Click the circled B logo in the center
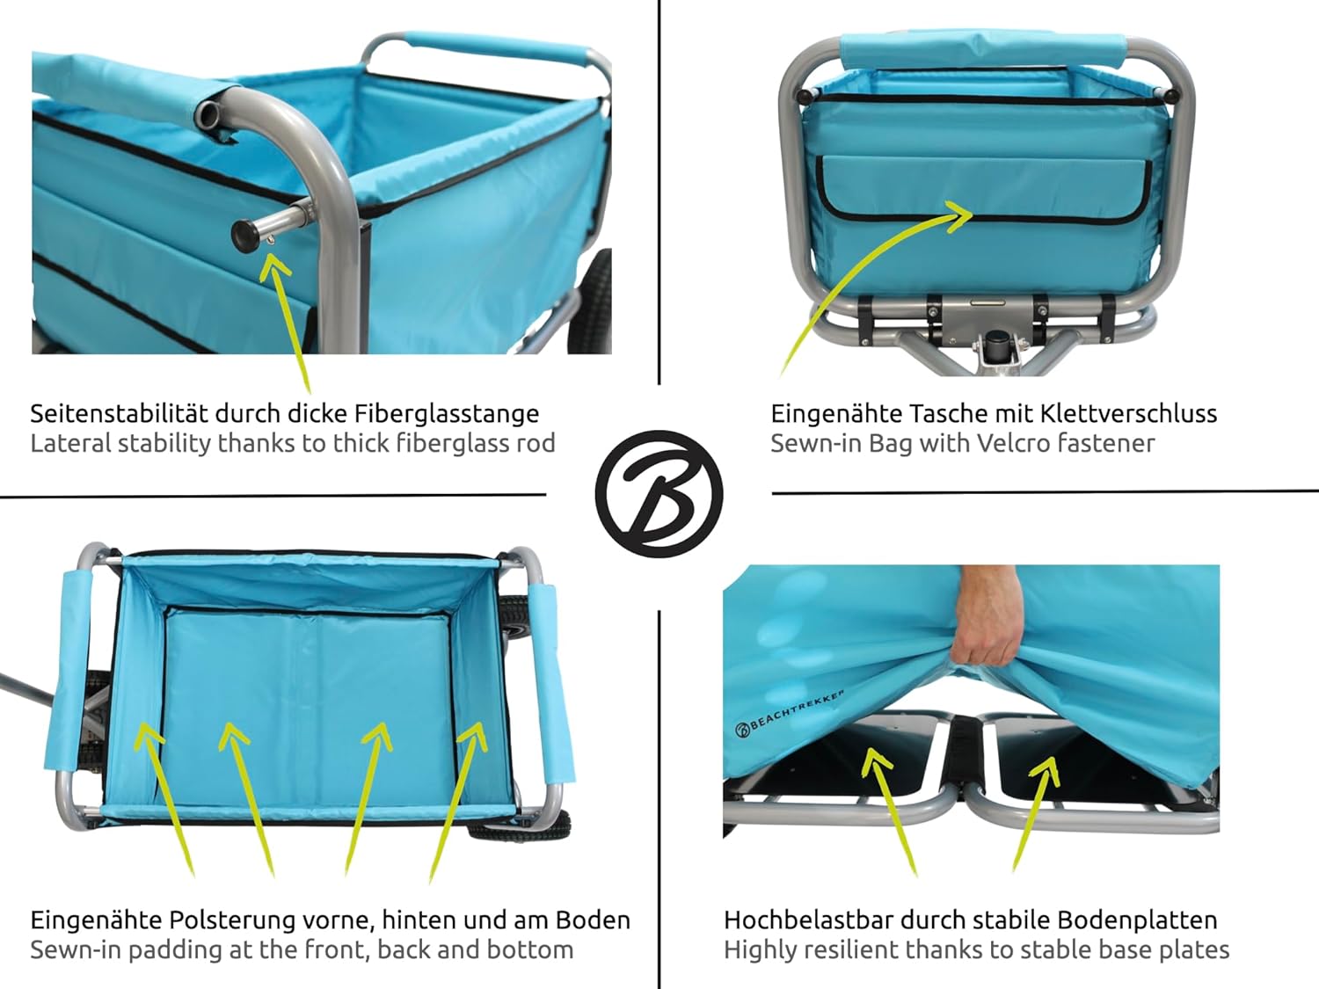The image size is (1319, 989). (x=659, y=493)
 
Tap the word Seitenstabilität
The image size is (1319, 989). (x=119, y=413)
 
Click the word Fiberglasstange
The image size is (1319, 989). (x=447, y=414)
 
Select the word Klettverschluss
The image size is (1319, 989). (x=1129, y=413)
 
